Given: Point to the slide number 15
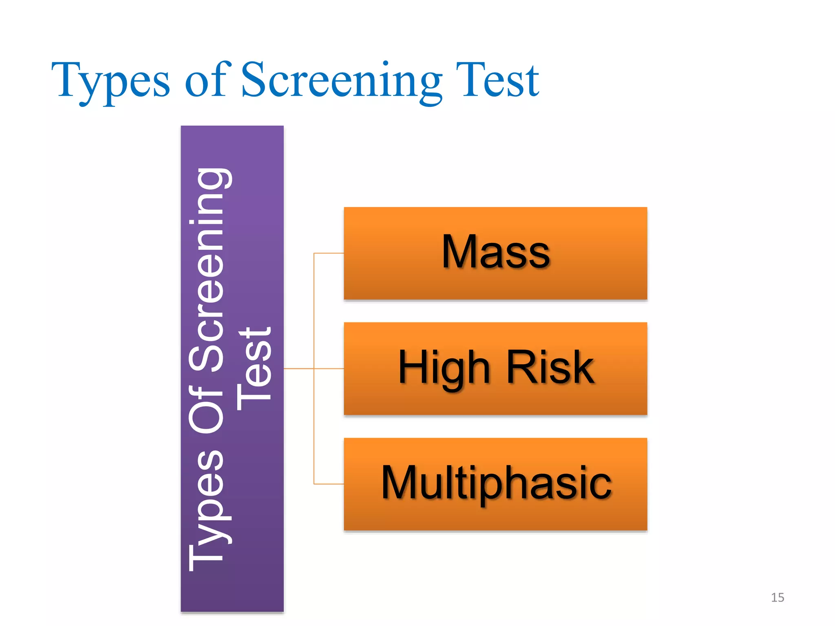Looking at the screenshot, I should tap(777, 597).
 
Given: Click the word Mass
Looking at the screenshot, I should tap(496, 252).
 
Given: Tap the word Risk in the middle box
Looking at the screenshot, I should tap(550, 368).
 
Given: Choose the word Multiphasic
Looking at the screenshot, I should tap(496, 484).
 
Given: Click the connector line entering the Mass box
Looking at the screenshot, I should tap(329, 253).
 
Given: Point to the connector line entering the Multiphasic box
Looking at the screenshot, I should tap(329, 484).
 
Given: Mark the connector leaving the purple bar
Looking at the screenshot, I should tap(298, 368).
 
